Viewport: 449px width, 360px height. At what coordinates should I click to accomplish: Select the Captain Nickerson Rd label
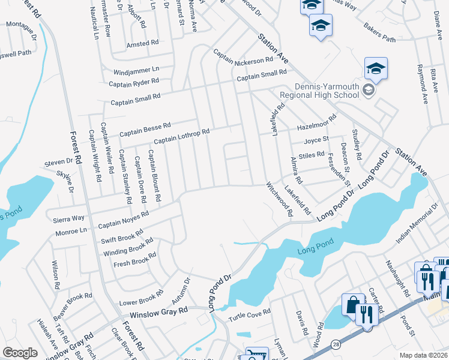(x=244, y=61)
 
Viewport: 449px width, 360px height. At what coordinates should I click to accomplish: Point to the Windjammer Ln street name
(x=136, y=71)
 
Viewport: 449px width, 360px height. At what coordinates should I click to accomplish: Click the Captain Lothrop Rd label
(x=181, y=136)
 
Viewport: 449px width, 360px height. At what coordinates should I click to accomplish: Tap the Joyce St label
(x=316, y=139)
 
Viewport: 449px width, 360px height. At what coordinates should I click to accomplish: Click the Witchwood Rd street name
(x=280, y=199)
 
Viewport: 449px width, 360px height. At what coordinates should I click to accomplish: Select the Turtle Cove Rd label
(x=250, y=312)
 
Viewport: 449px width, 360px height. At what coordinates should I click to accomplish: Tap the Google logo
(x=20, y=353)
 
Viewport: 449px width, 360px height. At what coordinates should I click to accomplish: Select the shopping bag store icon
(x=353, y=304)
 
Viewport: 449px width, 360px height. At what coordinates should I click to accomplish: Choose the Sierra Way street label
(x=69, y=218)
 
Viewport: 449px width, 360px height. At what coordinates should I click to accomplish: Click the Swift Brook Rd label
(x=122, y=238)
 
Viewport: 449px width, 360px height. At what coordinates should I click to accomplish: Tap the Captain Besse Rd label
(x=145, y=129)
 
